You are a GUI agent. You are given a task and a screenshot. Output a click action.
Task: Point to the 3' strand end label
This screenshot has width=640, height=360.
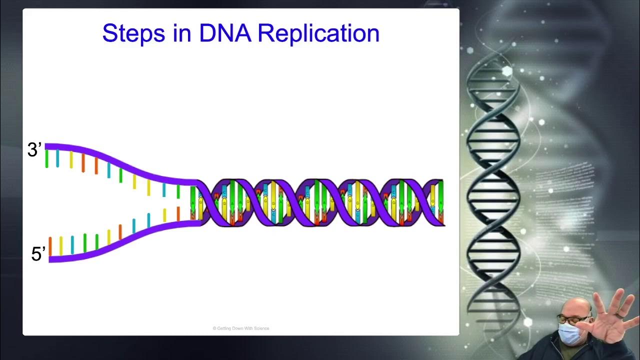coord(34,150)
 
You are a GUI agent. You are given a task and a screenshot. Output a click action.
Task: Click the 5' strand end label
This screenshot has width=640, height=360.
coord(38,254)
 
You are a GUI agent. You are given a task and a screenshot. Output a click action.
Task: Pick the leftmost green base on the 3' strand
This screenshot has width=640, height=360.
coord(47,158)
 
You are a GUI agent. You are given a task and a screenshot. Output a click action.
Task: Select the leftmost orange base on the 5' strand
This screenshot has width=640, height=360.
coord(50,246)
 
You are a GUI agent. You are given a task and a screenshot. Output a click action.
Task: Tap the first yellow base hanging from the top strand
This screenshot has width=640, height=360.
coord(71,159)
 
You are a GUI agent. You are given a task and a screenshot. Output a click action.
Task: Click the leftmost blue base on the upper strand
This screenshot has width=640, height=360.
coord(58,158)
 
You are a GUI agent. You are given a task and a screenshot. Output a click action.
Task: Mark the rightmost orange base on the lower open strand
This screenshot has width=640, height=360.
coord(178,214)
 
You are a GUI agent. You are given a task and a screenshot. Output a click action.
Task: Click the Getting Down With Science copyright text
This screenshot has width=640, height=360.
coord(241,328)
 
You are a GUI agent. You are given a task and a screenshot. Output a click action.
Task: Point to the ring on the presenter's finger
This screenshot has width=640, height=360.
coord(619,314)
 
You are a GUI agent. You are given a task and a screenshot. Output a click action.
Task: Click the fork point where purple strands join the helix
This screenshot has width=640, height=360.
coord(196,202)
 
